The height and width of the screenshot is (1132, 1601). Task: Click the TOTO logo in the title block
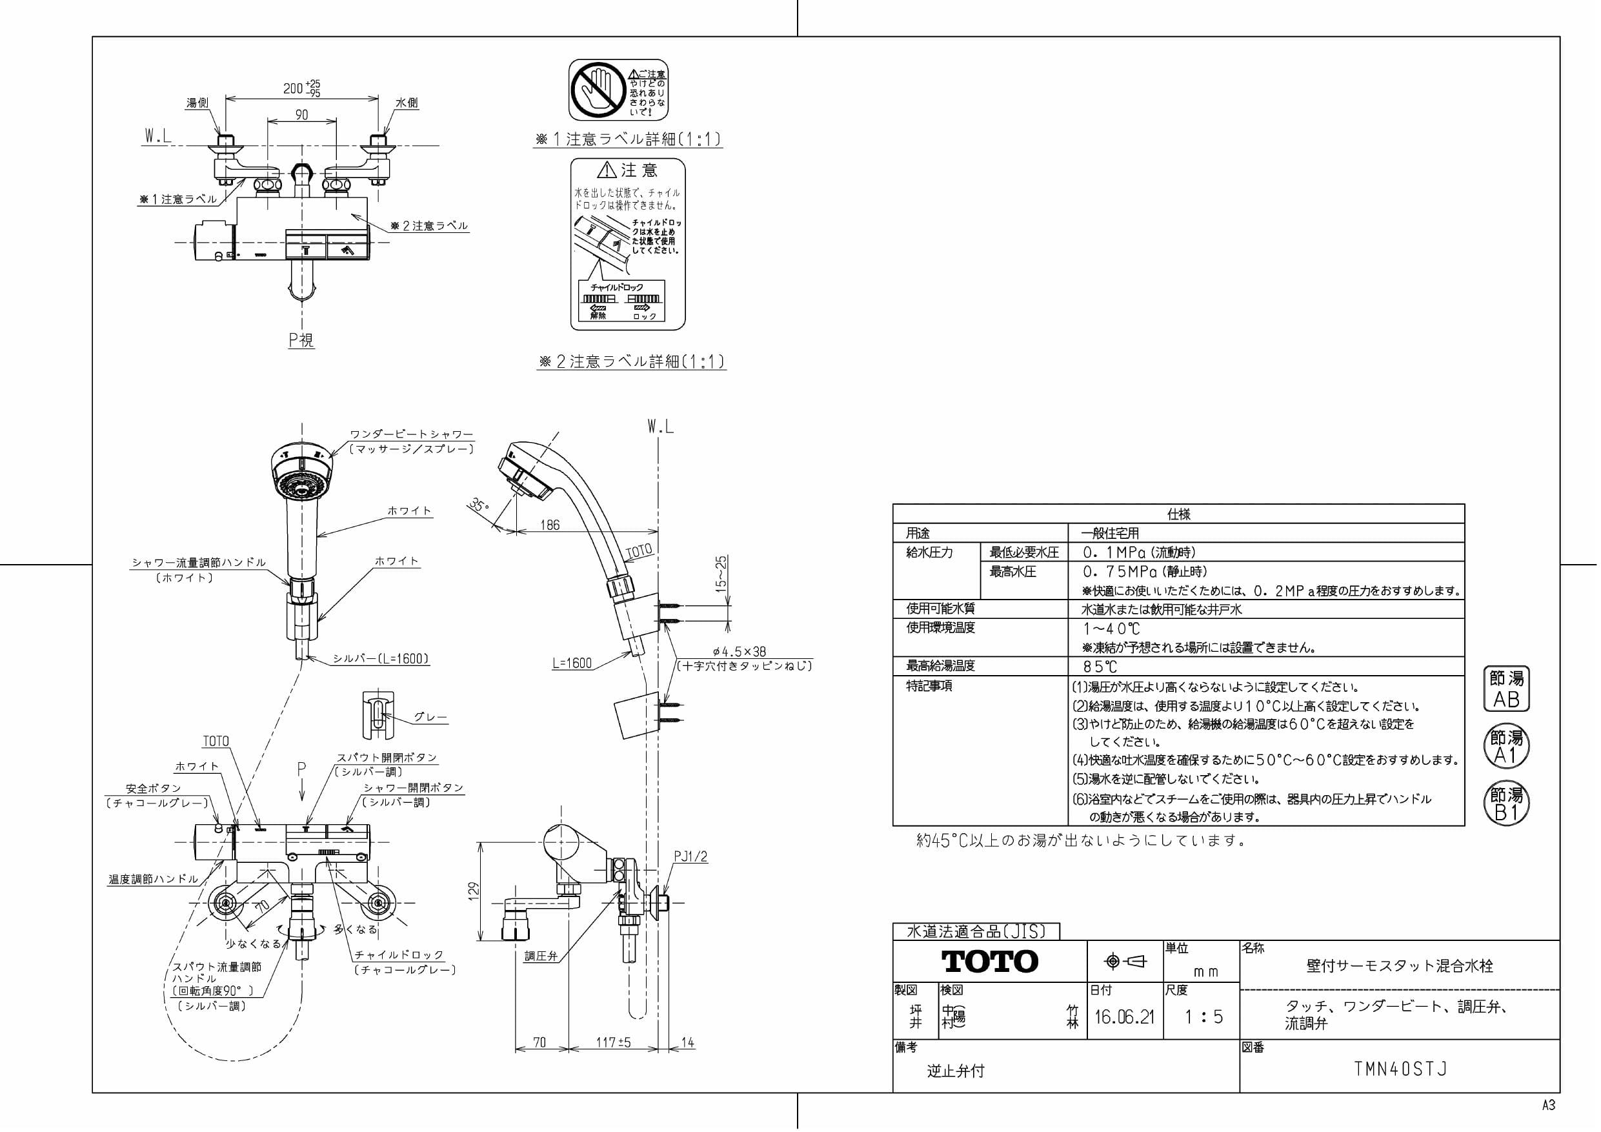(989, 962)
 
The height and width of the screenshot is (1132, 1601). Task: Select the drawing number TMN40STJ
(1400, 1069)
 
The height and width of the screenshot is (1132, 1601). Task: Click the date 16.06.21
(1124, 1017)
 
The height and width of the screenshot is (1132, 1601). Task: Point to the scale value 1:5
(1203, 1017)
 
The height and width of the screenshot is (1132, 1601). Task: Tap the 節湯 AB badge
(1506, 689)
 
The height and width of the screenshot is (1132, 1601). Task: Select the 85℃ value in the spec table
(1100, 667)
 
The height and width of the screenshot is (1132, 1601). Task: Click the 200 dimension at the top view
(294, 88)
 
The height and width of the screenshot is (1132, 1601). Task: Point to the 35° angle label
(478, 504)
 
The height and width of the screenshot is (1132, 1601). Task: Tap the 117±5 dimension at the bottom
(614, 1043)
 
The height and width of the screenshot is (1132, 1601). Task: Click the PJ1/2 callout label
(690, 857)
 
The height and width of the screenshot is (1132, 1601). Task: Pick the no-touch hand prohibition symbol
(598, 89)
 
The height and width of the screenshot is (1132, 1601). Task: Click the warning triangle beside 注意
(607, 170)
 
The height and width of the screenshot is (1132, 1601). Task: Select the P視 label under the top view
(301, 340)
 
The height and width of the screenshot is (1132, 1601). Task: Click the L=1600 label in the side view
(572, 663)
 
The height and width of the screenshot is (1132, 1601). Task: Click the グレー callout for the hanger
(430, 717)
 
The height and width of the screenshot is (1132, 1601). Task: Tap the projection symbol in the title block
(1125, 962)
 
